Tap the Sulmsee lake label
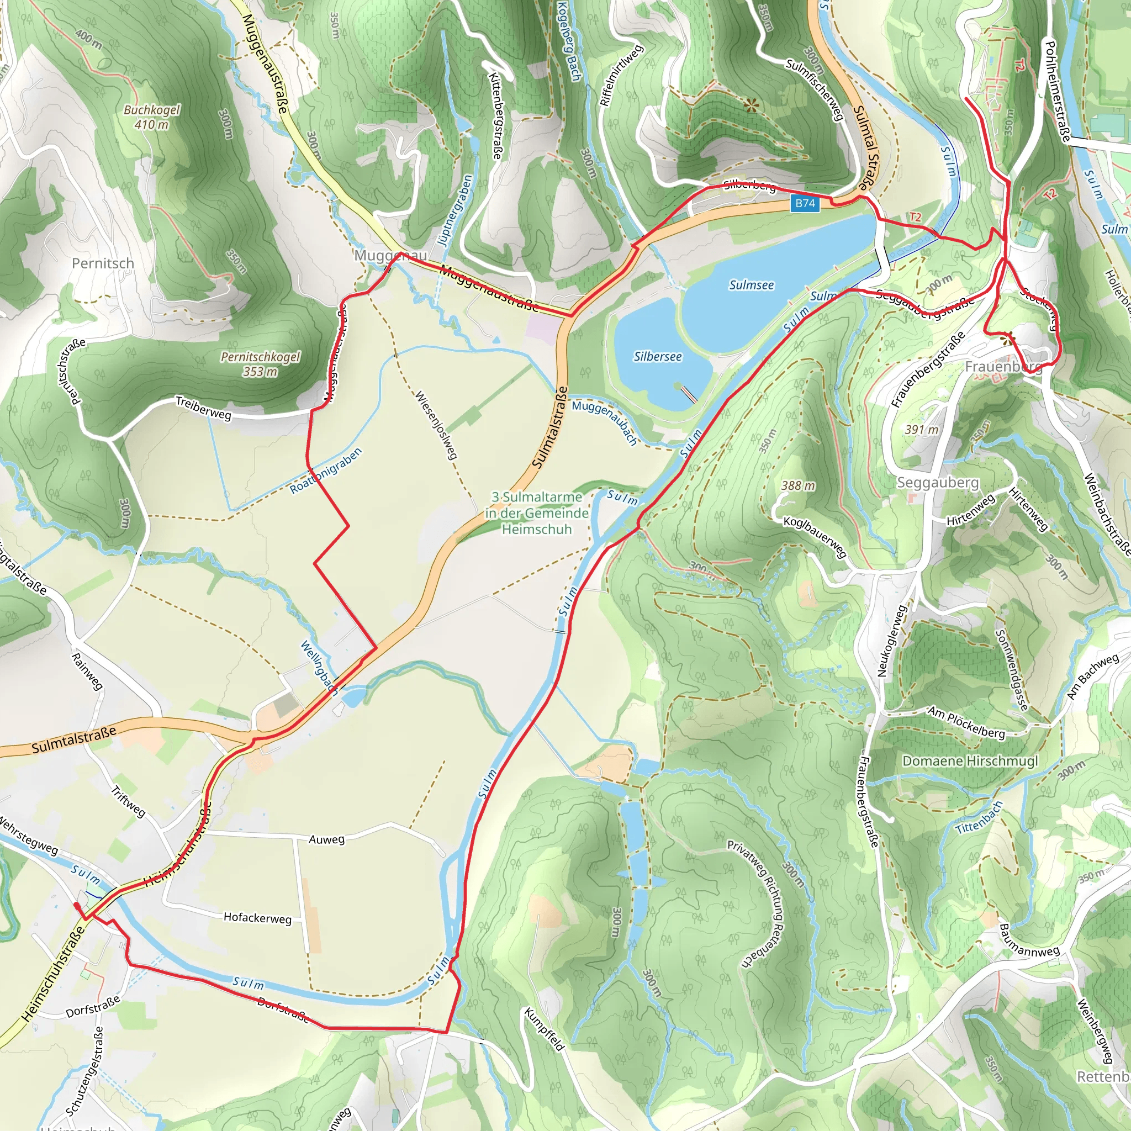pos(751,285)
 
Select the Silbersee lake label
pos(657,357)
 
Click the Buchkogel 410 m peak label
pos(152,117)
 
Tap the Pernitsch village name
pos(103,263)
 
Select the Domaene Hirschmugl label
pos(969,761)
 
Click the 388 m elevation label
pos(798,486)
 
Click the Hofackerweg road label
pos(257,918)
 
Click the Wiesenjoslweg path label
pos(436,425)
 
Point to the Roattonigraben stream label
pos(325,471)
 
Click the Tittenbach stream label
pos(979,818)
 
